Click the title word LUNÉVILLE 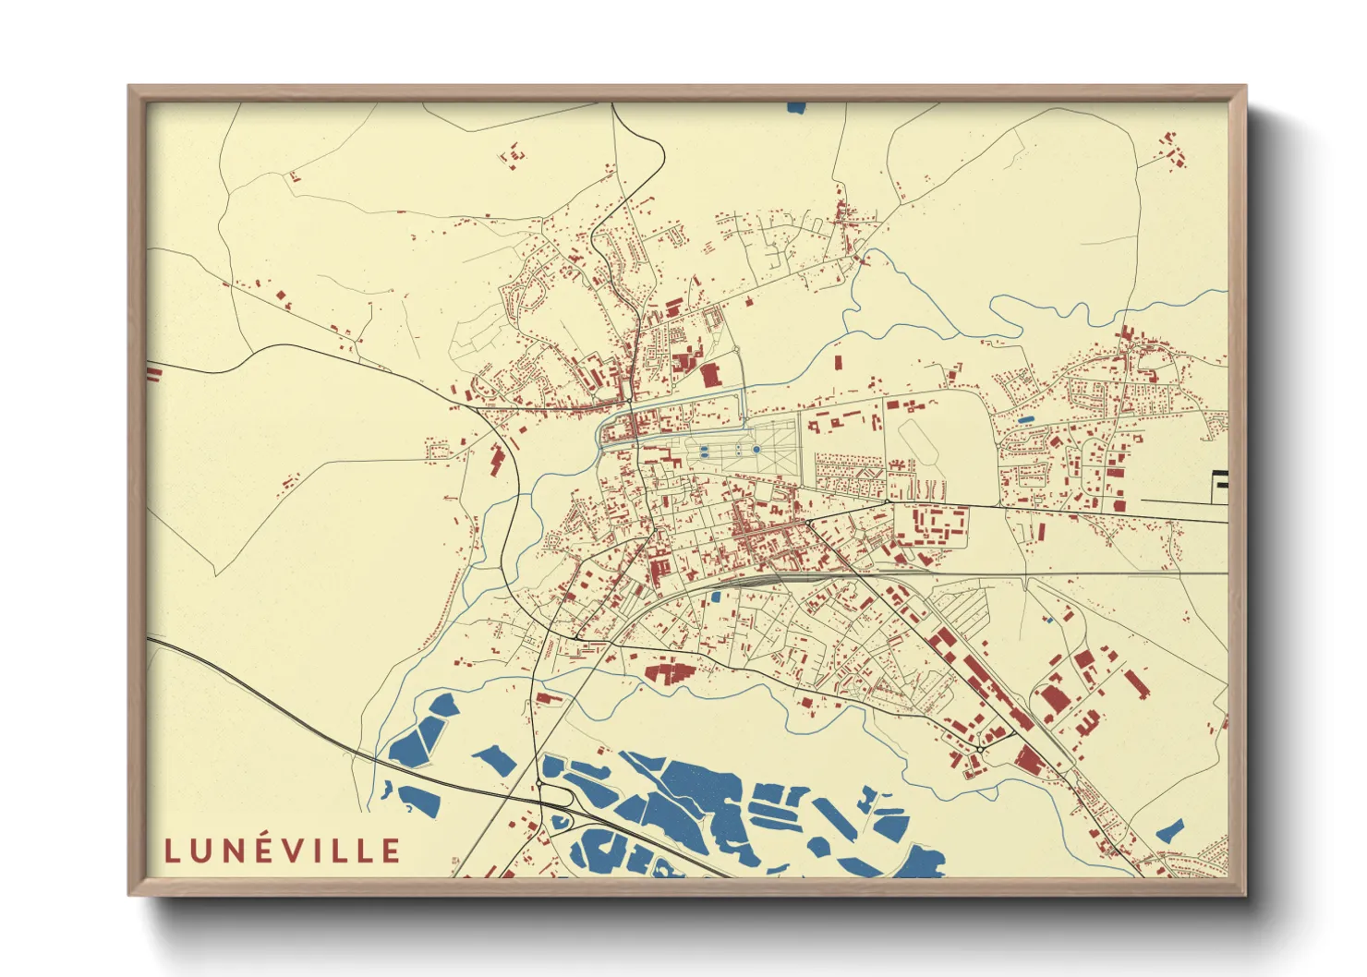pyautogui.click(x=283, y=850)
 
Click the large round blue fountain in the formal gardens pyautogui.click(x=756, y=450)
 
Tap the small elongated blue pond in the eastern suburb pyautogui.click(x=1025, y=420)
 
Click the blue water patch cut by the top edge pyautogui.click(x=796, y=107)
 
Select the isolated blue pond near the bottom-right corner pyautogui.click(x=1170, y=829)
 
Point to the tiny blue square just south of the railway pyautogui.click(x=715, y=597)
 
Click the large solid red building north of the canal pyautogui.click(x=709, y=375)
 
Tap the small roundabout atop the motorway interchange pyautogui.click(x=538, y=784)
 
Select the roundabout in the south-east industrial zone pyautogui.click(x=979, y=748)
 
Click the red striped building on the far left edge pyautogui.click(x=153, y=372)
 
